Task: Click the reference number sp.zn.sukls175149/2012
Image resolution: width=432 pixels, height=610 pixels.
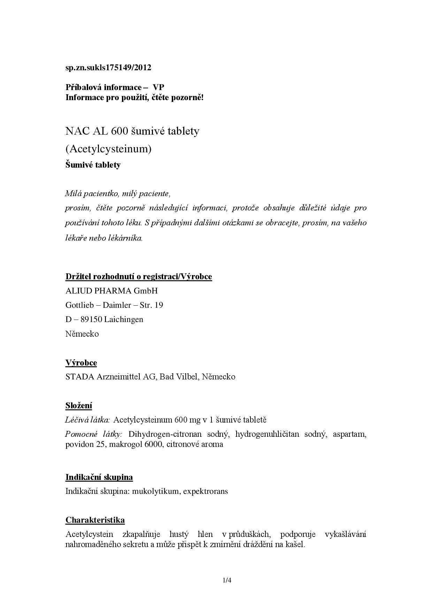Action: [108, 67]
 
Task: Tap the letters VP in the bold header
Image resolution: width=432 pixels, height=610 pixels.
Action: [159, 87]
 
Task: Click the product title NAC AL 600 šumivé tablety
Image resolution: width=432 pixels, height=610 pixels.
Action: [132, 131]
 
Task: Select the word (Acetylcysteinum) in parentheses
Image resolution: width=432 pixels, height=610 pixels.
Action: [108, 149]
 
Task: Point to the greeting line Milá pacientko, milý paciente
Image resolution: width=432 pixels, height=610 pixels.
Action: [118, 193]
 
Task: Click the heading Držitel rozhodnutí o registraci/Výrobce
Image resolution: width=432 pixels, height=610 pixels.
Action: [139, 276]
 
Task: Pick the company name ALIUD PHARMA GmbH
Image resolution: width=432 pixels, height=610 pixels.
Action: [111, 291]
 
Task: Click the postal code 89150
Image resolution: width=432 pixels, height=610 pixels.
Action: [91, 319]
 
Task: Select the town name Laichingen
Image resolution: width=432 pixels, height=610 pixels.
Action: [124, 319]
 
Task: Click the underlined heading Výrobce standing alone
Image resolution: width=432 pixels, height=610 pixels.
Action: [81, 363]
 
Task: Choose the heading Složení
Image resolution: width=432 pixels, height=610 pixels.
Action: [79, 406]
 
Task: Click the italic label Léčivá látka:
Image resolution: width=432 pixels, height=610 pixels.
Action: [87, 420]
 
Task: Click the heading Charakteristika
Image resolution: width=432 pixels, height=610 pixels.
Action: [95, 520]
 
